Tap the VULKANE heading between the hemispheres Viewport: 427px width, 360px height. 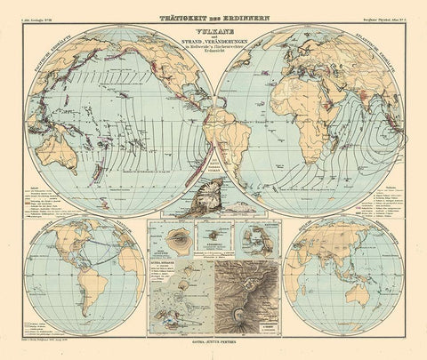coord(213,29)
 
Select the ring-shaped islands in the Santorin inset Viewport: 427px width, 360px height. coord(249,240)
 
